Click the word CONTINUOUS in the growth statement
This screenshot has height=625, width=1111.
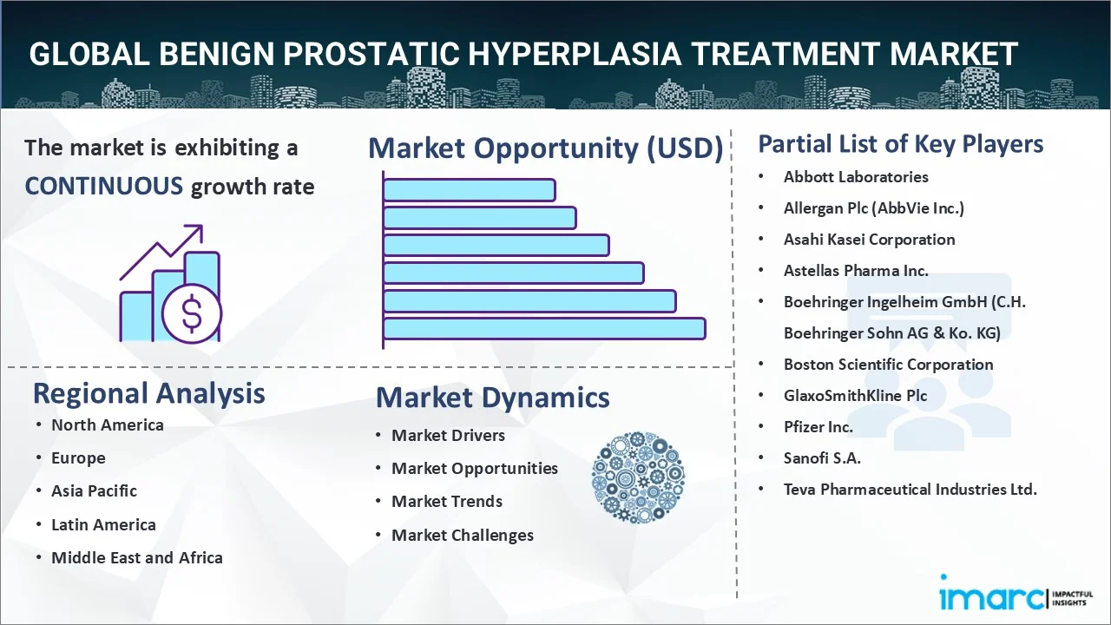click(104, 187)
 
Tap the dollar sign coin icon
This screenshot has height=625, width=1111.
click(192, 314)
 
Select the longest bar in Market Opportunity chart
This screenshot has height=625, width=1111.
click(544, 329)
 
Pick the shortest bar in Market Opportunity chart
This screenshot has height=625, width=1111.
click(469, 190)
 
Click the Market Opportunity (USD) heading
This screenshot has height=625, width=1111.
click(546, 148)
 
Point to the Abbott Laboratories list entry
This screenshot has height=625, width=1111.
click(856, 177)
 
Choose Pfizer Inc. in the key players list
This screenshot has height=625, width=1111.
click(818, 426)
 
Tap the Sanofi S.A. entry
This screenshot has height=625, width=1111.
click(822, 457)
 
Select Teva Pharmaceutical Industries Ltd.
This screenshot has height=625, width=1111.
click(910, 490)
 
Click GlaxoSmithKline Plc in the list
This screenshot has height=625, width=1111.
click(855, 395)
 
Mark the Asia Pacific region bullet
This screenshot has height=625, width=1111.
click(94, 491)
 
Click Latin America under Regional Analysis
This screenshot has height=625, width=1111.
click(103, 524)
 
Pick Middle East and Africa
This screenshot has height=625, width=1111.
click(137, 557)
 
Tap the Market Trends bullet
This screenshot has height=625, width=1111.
click(447, 502)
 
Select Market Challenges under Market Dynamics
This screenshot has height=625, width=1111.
click(463, 536)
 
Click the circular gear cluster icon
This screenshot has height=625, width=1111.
click(638, 477)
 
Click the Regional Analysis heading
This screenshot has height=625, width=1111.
click(148, 393)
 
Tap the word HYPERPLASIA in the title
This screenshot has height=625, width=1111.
click(575, 54)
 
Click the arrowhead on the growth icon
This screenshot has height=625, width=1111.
click(196, 231)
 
